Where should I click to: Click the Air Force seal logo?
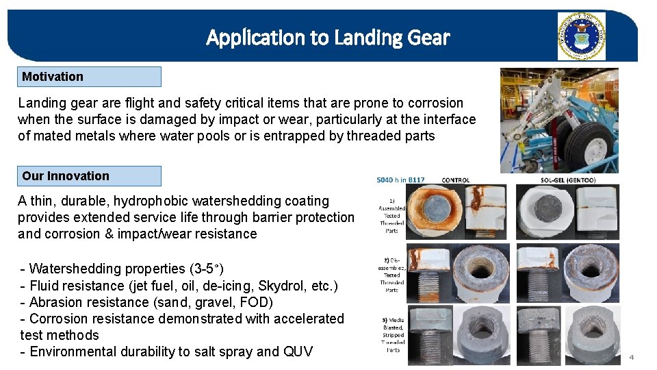pyautogui.click(x=581, y=36)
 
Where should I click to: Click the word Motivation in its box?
pyautogui.click(x=53, y=77)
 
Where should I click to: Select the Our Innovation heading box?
pyautogui.click(x=90, y=176)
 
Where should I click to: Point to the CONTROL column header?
pyautogui.click(x=456, y=180)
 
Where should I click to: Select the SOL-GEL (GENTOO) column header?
pyautogui.click(x=567, y=180)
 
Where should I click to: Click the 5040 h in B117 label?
pyautogui.click(x=400, y=180)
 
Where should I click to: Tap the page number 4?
pyautogui.click(x=632, y=357)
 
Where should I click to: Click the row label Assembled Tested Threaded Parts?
pyautogui.click(x=391, y=215)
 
